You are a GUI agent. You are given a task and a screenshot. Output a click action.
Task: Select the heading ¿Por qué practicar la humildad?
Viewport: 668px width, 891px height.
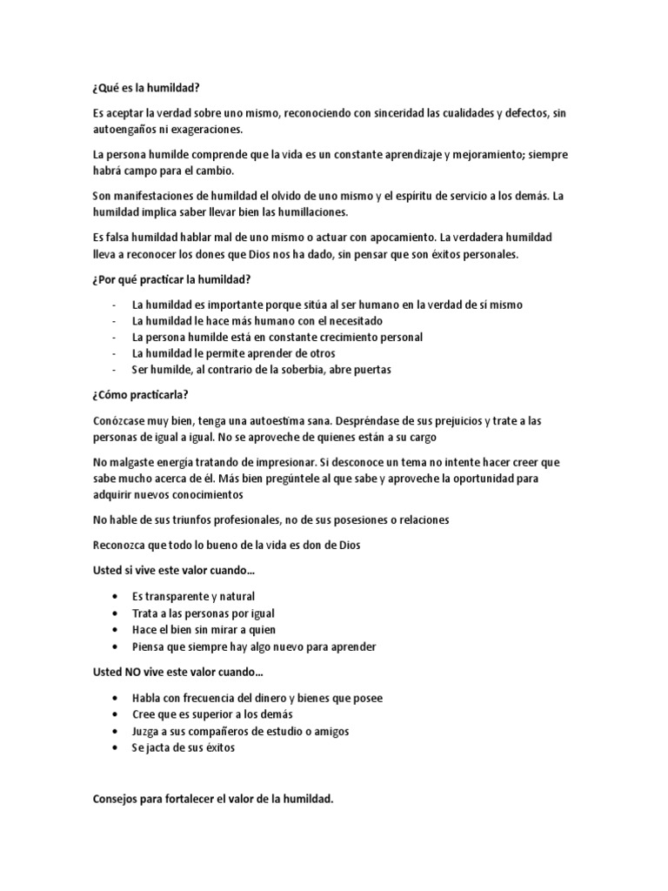tap(173, 279)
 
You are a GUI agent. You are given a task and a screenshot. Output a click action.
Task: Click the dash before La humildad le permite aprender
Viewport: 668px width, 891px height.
tap(114, 353)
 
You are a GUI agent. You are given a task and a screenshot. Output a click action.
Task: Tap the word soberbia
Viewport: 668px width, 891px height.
tap(318, 370)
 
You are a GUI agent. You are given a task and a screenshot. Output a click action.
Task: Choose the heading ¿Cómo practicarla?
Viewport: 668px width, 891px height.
tap(141, 395)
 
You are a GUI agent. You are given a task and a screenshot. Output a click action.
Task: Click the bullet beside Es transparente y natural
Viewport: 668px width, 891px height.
tap(114, 597)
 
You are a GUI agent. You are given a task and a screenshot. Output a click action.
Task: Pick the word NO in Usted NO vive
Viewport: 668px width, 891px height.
tap(136, 673)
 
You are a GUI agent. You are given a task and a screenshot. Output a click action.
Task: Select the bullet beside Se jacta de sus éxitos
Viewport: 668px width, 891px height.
tap(114, 747)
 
